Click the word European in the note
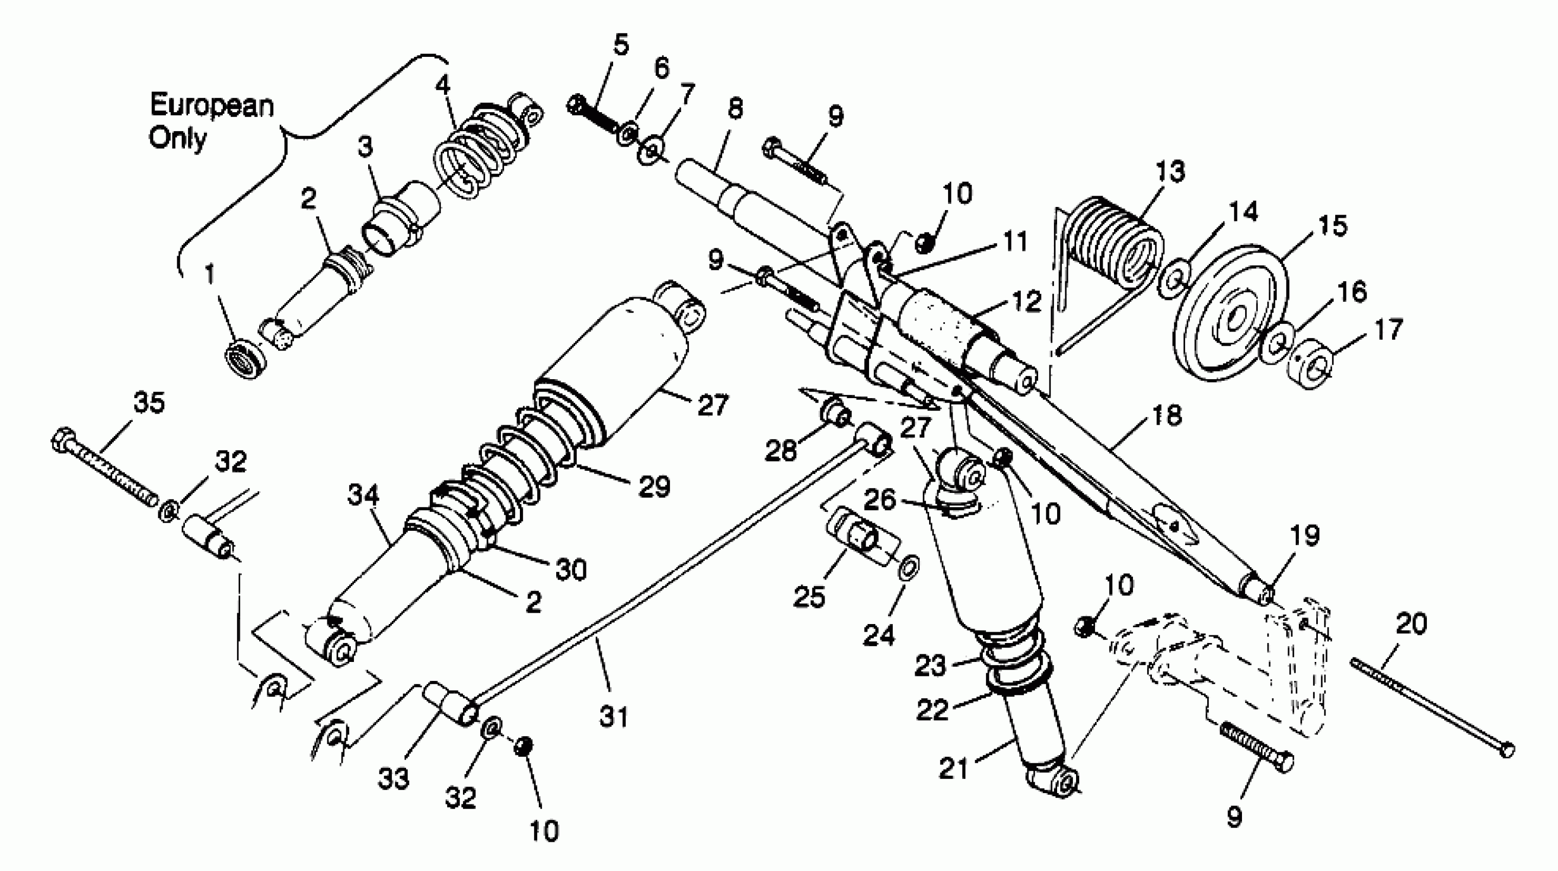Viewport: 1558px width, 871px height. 211,106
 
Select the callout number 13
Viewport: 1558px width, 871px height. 1170,172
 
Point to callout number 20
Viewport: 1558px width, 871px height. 1411,624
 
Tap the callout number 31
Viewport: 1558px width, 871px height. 614,716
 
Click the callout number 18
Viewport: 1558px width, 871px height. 1166,415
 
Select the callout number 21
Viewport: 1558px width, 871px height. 954,769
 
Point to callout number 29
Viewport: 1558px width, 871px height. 655,486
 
